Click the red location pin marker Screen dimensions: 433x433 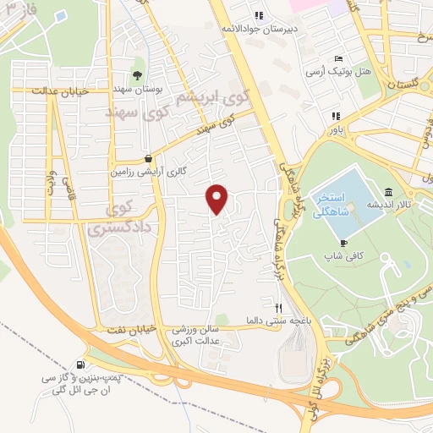pyautogui.click(x=217, y=198)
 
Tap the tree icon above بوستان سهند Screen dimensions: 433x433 pyautogui.click(x=137, y=75)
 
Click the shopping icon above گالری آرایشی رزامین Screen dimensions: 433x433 pyautogui.click(x=149, y=157)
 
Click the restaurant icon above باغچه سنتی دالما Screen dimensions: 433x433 pyautogui.click(x=280, y=307)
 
